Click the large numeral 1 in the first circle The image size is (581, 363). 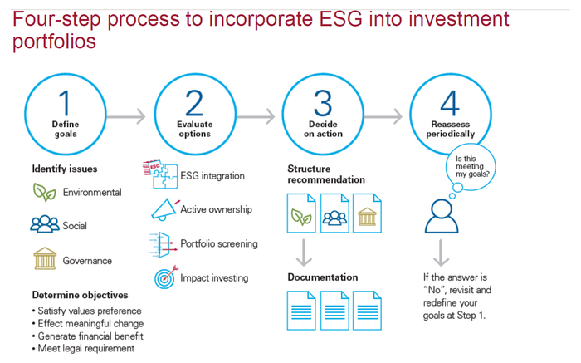point(66,103)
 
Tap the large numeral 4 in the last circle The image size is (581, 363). point(450,103)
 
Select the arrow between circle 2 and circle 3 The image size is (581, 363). point(256,117)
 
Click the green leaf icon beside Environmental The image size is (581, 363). point(44,192)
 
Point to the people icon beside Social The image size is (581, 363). point(45,224)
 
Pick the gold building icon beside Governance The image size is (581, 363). point(45,258)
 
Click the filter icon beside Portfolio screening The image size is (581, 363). point(163,245)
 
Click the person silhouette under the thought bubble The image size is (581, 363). point(442,217)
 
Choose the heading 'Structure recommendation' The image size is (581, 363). point(326,174)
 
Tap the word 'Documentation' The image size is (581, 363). point(323,277)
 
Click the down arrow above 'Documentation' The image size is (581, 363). point(304,253)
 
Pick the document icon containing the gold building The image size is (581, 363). point(367,213)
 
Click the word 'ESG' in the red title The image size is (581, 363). point(341,19)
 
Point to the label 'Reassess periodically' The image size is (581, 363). point(450,129)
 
